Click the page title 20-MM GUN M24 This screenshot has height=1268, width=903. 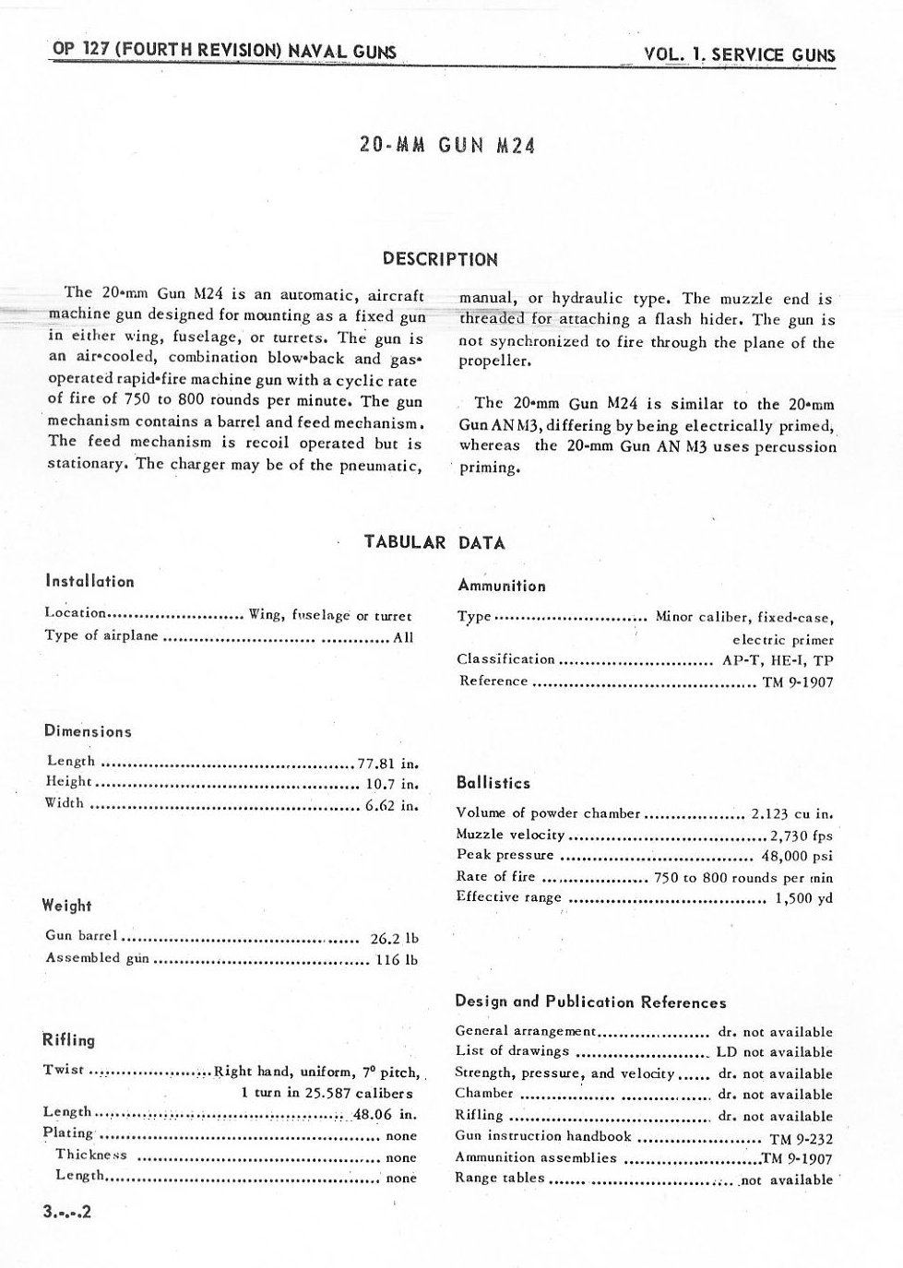447,146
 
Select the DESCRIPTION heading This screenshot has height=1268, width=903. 440,259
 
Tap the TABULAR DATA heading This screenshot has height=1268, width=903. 434,542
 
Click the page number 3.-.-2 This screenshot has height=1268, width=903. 67,1213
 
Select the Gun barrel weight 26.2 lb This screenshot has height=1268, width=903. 394,939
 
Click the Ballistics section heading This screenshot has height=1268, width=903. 493,783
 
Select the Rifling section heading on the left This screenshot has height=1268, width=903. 69,1040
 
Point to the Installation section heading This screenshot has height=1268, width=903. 89,582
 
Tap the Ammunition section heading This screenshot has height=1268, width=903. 502,586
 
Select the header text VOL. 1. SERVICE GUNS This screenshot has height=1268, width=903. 740,54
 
